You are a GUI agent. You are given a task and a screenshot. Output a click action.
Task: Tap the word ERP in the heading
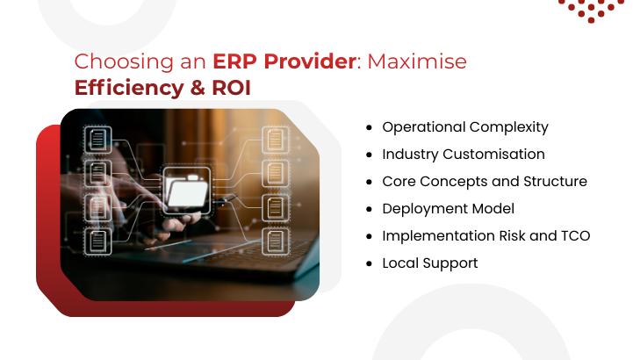[233, 62]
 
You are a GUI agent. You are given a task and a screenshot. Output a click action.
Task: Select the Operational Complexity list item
[465, 126]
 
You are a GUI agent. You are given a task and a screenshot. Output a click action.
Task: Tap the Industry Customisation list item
[464, 154]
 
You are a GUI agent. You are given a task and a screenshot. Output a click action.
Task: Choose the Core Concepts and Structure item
[485, 181]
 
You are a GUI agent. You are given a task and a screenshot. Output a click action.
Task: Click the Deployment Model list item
[448, 208]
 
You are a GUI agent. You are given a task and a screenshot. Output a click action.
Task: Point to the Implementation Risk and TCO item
[486, 235]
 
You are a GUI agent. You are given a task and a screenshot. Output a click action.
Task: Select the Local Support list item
[430, 263]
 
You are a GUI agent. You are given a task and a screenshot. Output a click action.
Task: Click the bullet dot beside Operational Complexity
[369, 127]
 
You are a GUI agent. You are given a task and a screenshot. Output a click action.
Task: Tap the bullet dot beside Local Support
[369, 263]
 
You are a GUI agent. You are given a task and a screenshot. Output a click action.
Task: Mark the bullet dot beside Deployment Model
[369, 209]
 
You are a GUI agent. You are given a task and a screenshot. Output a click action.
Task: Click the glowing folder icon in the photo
[187, 187]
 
